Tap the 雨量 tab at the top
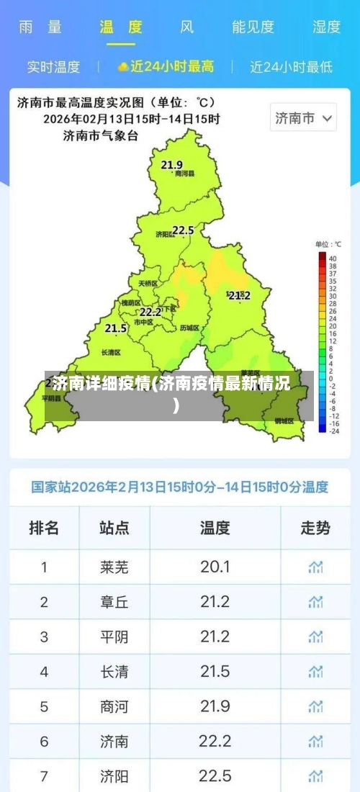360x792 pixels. point(40,27)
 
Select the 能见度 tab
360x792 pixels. point(253,27)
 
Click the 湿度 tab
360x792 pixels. point(326,27)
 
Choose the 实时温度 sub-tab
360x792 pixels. point(53,67)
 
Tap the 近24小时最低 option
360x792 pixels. point(291,67)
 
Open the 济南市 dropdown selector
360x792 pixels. point(303,118)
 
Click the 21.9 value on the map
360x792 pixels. point(171,165)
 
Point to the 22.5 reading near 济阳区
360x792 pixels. point(183,230)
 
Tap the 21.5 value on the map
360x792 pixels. point(115,328)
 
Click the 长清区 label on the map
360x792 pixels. point(112,353)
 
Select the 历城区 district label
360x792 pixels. point(189,328)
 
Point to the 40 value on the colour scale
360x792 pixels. point(332,257)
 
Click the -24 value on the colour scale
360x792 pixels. point(333,431)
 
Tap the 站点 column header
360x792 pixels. point(114,528)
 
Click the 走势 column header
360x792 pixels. point(315,528)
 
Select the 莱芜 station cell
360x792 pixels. point(114,567)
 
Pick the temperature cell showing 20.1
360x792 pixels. point(215,567)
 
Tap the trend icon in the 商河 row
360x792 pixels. point(315,706)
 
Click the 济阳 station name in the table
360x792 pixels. point(114,776)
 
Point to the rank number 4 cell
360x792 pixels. point(44,672)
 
